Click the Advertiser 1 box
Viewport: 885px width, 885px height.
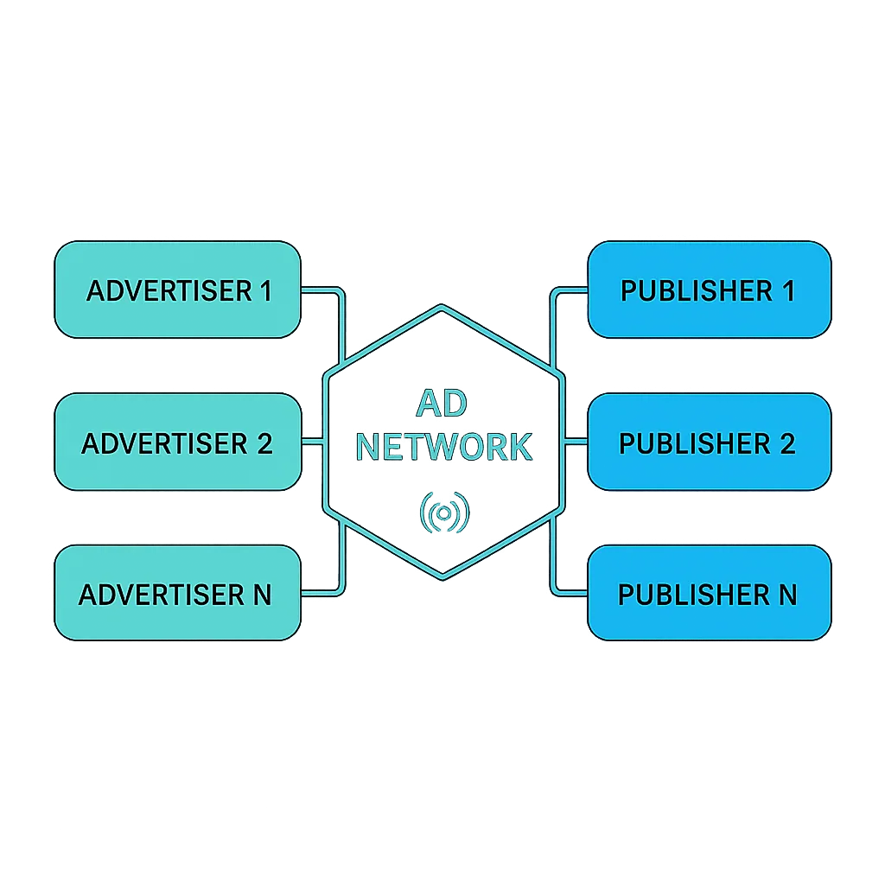[177, 290]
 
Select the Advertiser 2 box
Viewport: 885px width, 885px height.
[177, 442]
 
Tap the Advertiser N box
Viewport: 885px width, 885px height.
[177, 594]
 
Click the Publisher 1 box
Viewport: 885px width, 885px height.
[709, 290]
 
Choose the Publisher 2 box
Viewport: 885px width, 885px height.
[709, 442]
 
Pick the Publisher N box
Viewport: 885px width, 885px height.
[709, 594]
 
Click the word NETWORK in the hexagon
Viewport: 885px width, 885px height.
[443, 447]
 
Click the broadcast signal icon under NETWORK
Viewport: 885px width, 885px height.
[443, 513]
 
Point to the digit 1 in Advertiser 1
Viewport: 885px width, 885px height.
[264, 290]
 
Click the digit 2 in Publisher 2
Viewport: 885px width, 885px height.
[787, 443]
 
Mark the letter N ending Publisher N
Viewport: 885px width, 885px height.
[786, 595]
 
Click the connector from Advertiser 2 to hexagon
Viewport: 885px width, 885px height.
[312, 442]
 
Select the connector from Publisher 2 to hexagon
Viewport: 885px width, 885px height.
[575, 442]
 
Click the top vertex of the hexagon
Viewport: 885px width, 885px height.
[442, 305]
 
